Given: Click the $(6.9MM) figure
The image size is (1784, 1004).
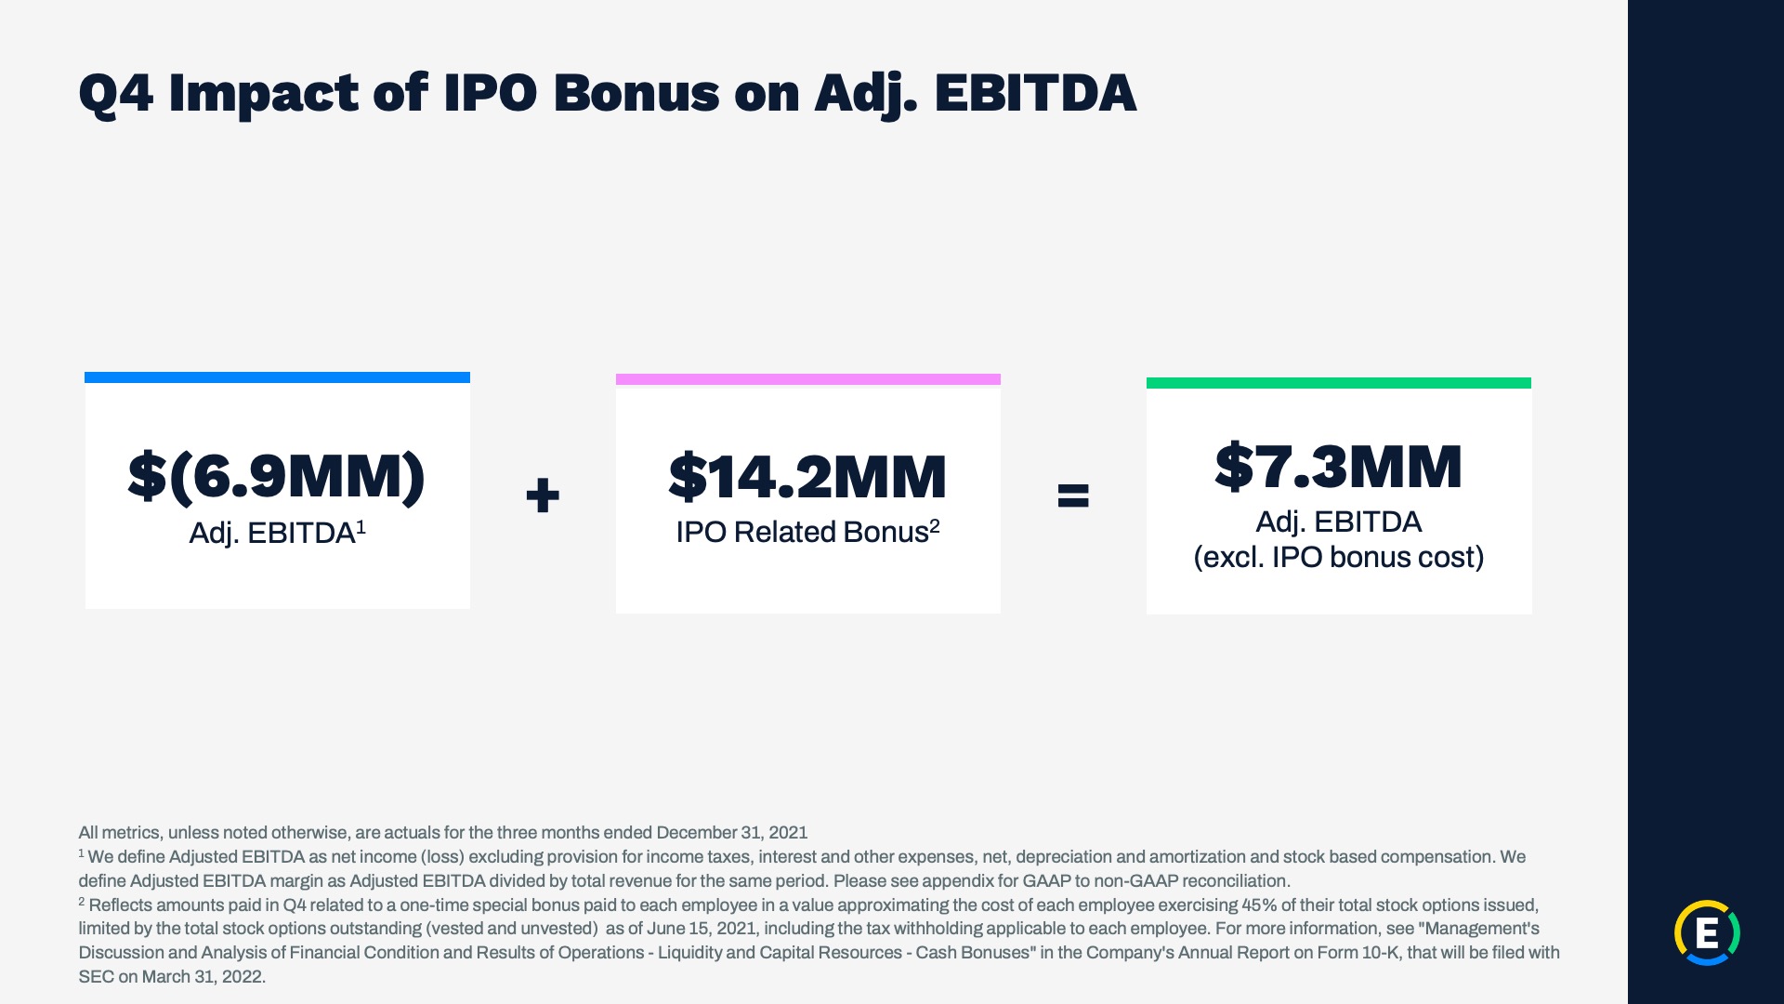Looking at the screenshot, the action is (x=277, y=477).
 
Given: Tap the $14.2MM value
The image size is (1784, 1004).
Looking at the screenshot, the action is (x=807, y=477).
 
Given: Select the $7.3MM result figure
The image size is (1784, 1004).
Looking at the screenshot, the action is (x=1338, y=467).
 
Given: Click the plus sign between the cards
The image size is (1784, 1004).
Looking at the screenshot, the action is (x=543, y=495).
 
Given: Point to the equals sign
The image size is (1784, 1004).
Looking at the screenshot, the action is (x=1073, y=495).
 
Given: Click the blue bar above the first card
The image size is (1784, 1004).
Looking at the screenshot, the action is (x=277, y=377).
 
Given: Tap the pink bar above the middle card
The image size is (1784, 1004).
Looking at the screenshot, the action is (x=807, y=379).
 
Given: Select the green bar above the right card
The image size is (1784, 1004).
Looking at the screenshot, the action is (x=1338, y=383).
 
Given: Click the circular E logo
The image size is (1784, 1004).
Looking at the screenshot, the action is (x=1707, y=932).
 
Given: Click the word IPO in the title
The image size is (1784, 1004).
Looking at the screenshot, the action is (x=490, y=93).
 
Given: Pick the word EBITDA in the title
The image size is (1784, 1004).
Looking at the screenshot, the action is (x=1035, y=93).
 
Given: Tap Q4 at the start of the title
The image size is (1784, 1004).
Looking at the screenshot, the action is (x=116, y=95).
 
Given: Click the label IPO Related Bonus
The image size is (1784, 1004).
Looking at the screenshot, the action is (x=802, y=532).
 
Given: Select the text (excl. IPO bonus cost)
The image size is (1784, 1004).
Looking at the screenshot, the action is (x=1339, y=557).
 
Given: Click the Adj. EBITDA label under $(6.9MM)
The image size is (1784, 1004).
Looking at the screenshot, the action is (x=271, y=534).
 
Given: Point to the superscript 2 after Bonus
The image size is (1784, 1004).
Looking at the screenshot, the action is (x=935, y=525).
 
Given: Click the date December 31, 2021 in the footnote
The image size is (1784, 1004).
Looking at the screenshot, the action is (x=732, y=833).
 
